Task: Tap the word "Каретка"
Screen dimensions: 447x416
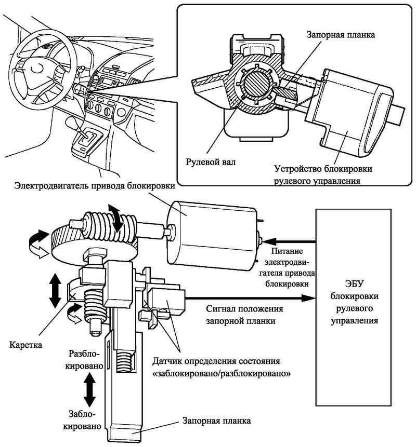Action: tap(24, 344)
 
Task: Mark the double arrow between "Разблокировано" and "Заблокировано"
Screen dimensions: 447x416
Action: tap(89, 390)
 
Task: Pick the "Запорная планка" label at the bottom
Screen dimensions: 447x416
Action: tap(215, 421)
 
